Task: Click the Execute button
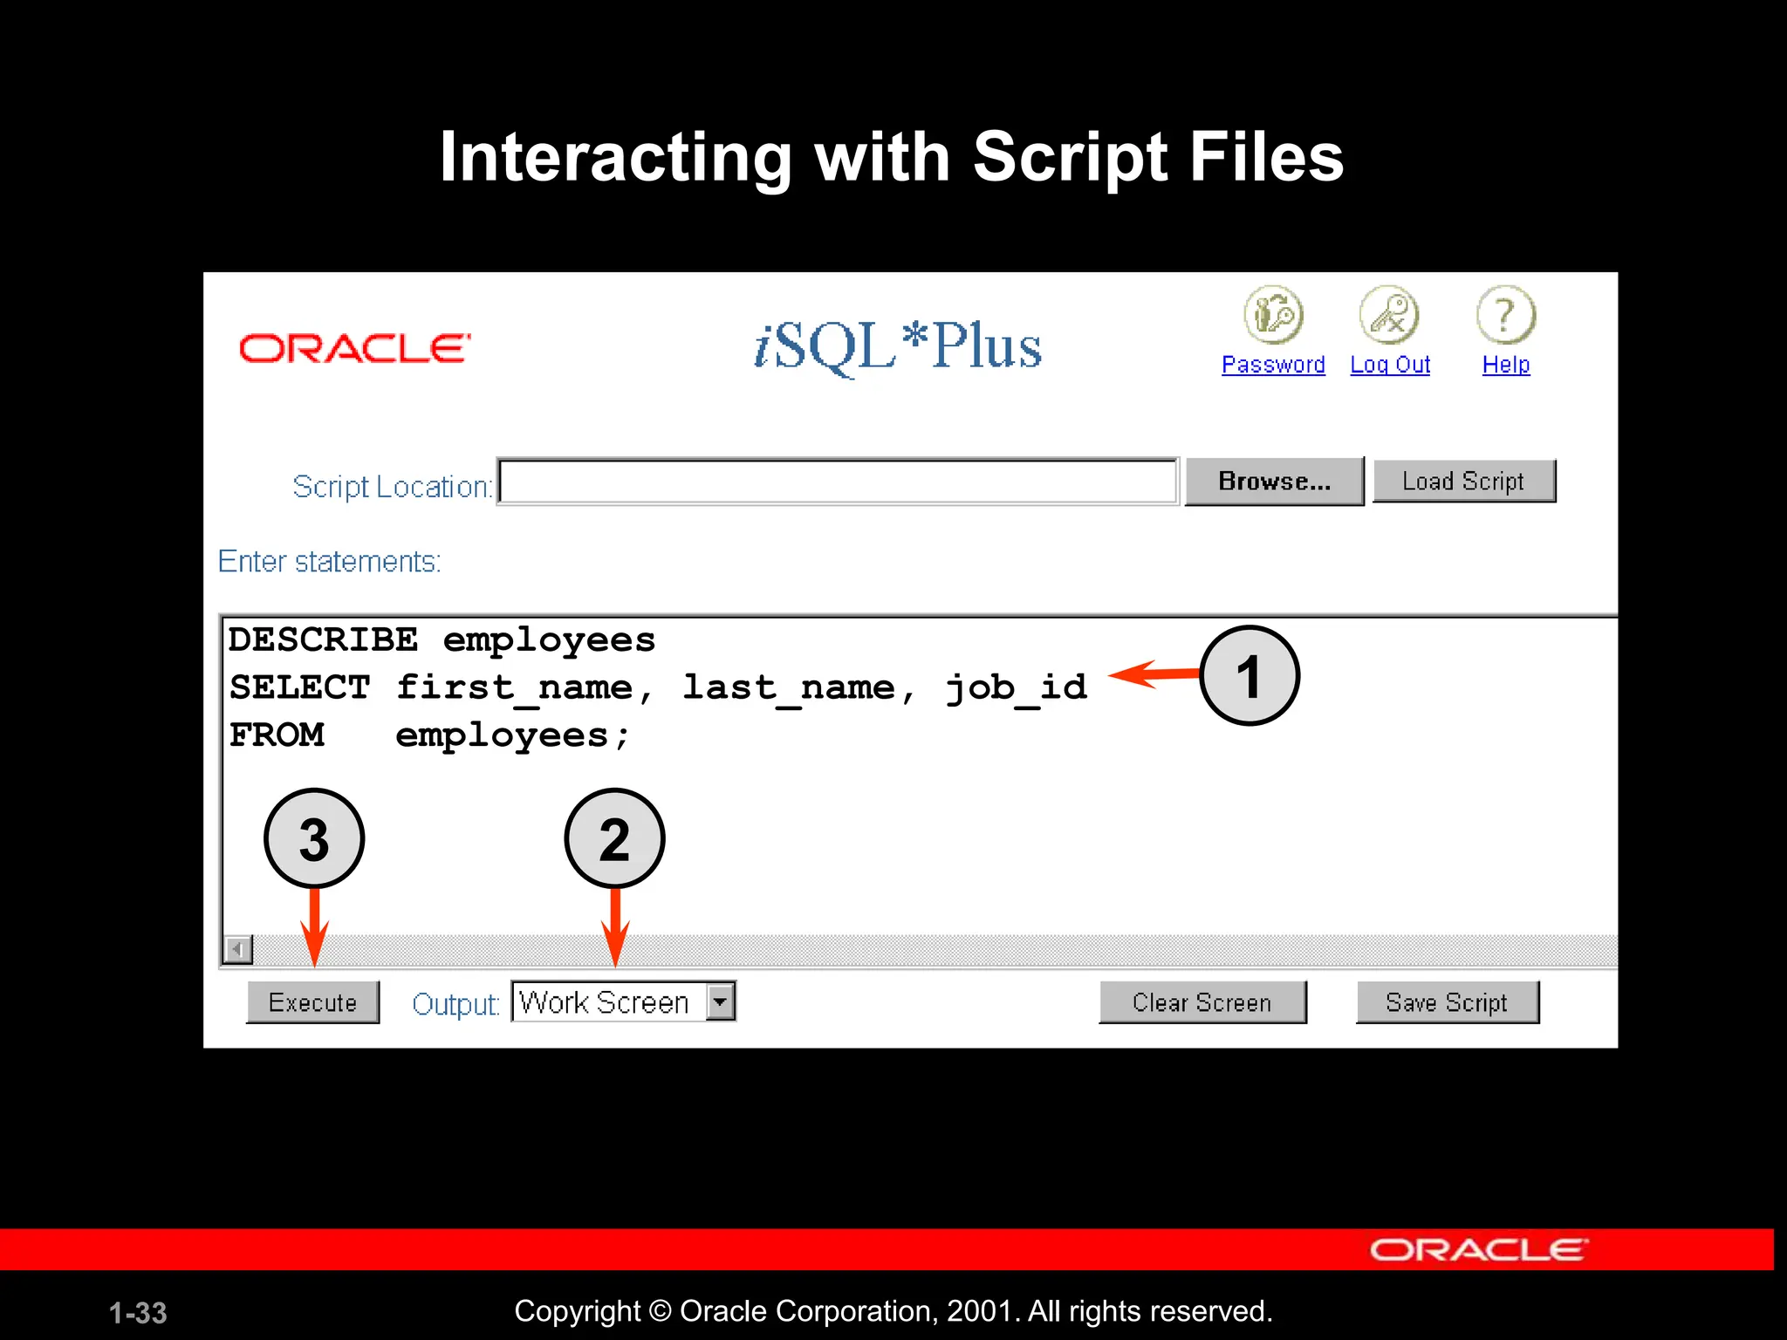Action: pyautogui.click(x=312, y=1002)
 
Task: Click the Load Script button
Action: pyautogui.click(x=1463, y=482)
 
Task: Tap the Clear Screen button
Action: pyautogui.click(x=1202, y=1002)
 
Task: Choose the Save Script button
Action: pyautogui.click(x=1447, y=1002)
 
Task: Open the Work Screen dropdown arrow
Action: pyautogui.click(x=721, y=1002)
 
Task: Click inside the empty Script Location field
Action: pyautogui.click(x=838, y=482)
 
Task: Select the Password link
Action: pyautogui.click(x=1273, y=365)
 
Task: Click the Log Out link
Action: pyautogui.click(x=1390, y=365)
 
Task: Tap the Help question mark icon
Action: pyautogui.click(x=1506, y=315)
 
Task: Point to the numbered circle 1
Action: pyautogui.click(x=1250, y=676)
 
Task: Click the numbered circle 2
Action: pyautogui.click(x=614, y=838)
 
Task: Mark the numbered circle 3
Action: pyautogui.click(x=314, y=838)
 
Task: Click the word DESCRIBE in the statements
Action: pyautogui.click(x=323, y=640)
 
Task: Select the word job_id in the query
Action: pyautogui.click(x=1017, y=688)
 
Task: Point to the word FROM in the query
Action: pyautogui.click(x=277, y=735)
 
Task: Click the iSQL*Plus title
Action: pyautogui.click(x=898, y=346)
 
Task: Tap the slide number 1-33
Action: pyautogui.click(x=138, y=1313)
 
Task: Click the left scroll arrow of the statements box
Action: pyautogui.click(x=237, y=948)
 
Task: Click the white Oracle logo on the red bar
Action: pyautogui.click(x=1478, y=1250)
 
